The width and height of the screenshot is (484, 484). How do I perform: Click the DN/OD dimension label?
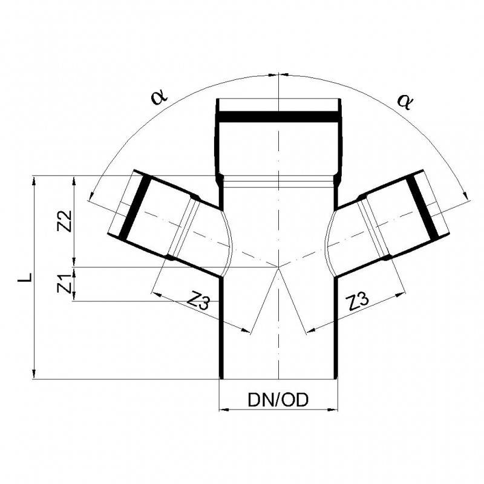pos(278,399)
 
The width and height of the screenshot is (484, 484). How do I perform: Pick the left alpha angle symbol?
pos(159,97)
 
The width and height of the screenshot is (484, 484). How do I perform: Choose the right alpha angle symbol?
pos(404,100)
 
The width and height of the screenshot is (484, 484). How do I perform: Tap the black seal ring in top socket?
pos(278,116)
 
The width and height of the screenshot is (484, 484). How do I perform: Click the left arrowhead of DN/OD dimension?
pos(222,410)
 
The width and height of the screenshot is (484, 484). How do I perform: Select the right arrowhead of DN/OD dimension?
pos(333,410)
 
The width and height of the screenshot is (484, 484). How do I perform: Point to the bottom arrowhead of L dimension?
pos(35,374)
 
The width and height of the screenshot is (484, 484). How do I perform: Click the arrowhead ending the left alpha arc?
pos(91,194)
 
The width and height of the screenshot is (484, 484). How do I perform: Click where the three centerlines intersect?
pos(278,267)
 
